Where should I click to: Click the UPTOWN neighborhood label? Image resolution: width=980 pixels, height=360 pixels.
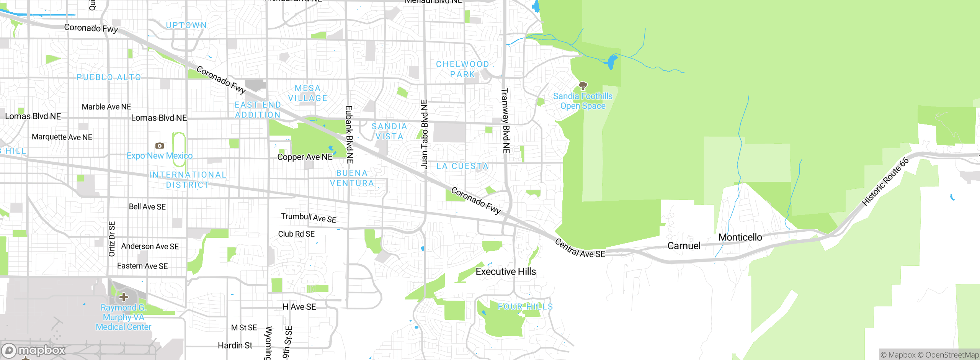(186, 25)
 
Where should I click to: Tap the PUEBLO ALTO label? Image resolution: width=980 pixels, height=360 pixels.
(109, 77)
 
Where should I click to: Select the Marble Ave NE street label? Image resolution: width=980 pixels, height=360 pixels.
(106, 107)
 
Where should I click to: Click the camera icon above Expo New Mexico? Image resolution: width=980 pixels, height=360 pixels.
(160, 146)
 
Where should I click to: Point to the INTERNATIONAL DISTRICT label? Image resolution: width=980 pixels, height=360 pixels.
(188, 180)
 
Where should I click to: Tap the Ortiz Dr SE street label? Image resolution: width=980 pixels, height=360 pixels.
(112, 239)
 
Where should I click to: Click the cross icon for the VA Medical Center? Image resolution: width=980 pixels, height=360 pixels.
(123, 297)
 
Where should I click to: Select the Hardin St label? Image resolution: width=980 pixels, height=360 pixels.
(235, 345)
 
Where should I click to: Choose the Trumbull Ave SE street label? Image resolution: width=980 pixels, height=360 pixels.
(309, 218)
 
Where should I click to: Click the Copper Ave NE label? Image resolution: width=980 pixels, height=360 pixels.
(305, 157)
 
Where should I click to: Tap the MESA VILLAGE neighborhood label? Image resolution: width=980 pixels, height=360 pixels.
(308, 93)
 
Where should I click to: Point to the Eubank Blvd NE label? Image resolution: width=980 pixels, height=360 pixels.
(349, 135)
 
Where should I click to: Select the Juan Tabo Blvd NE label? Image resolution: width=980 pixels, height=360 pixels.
(424, 134)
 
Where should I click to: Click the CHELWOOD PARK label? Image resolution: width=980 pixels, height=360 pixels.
(462, 69)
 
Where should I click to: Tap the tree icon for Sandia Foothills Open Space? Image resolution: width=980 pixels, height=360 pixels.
(583, 85)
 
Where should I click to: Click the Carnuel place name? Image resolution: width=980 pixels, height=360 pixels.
(684, 246)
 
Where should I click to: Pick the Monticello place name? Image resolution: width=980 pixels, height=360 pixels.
(740, 237)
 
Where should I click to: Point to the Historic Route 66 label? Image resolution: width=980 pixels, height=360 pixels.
(885, 182)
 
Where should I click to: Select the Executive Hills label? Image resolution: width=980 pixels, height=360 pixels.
(506, 272)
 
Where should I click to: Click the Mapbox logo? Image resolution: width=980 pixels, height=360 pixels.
(34, 350)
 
